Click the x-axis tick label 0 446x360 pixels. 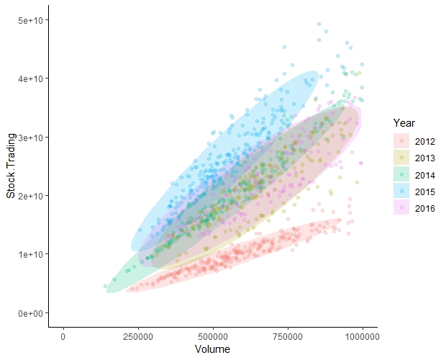[x=63, y=337]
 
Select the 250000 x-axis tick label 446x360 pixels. [x=138, y=337]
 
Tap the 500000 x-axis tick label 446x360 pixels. [x=213, y=337]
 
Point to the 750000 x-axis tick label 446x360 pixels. [x=288, y=337]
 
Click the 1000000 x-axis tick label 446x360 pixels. [x=363, y=337]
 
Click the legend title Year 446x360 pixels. [x=399, y=123]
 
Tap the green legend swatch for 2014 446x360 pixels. [x=399, y=174]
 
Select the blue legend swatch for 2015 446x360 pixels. [x=399, y=191]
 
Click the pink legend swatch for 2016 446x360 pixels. [x=399, y=208]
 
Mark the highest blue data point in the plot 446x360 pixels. [x=319, y=24]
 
